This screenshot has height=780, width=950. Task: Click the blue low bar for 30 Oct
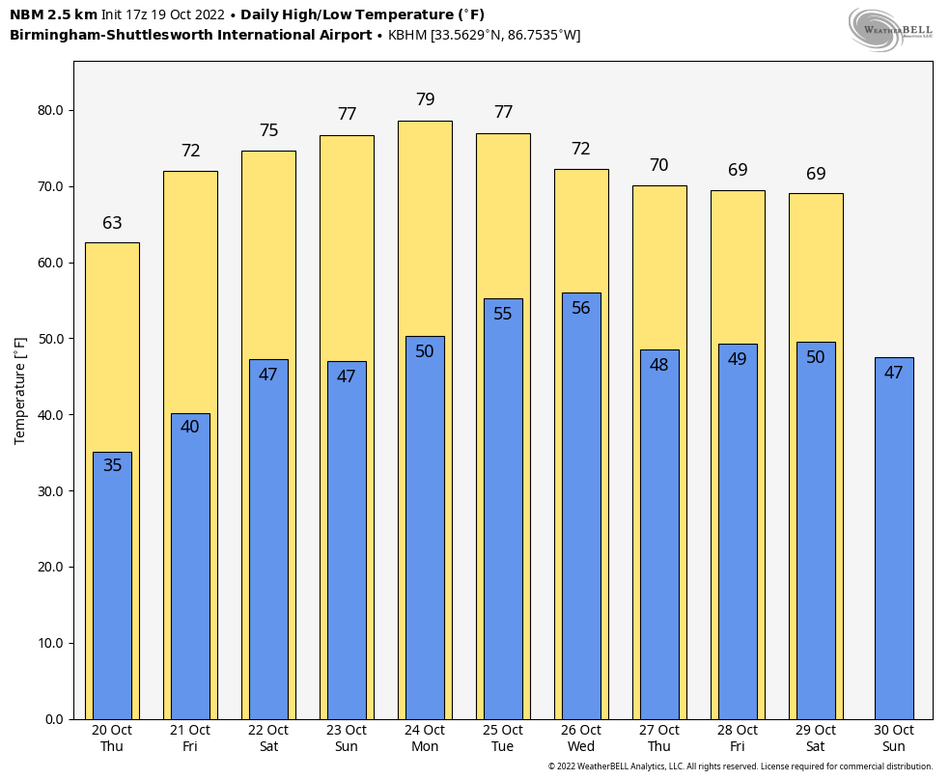coord(894,541)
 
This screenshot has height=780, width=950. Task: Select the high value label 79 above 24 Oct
coord(425,99)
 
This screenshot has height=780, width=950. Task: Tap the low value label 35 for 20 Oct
coord(112,465)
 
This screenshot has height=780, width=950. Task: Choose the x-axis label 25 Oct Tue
coord(503,738)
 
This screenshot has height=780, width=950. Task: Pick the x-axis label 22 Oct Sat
coord(268,738)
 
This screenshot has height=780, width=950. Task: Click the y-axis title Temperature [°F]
coord(20,390)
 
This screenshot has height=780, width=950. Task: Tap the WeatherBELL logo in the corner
coord(890,28)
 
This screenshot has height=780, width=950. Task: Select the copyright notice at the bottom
coord(740,766)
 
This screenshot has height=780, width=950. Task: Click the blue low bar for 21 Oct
coord(190,570)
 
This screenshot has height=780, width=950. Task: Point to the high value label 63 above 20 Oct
coord(112,223)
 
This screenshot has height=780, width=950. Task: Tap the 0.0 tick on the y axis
coord(53,719)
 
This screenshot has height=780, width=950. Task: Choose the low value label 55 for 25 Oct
coord(503,314)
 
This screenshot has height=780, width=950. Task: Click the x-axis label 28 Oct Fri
coord(738,738)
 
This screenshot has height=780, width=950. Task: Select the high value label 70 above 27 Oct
coord(659,165)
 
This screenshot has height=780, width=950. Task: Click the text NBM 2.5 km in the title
coord(53,14)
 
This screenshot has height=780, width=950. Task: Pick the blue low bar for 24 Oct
coord(425,531)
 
